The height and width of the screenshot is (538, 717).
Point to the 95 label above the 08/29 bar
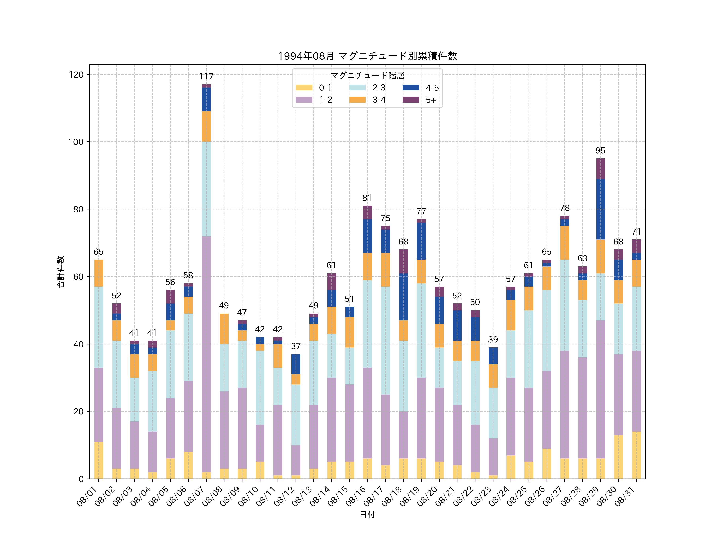pos(600,151)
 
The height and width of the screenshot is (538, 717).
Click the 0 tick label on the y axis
pos(81,479)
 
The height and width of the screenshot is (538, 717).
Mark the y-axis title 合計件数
pos(61,272)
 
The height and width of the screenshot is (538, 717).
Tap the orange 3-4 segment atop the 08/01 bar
pos(99,273)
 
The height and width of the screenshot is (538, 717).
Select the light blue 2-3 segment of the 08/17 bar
pos(385,341)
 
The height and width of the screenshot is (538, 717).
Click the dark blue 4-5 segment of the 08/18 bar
pos(403,297)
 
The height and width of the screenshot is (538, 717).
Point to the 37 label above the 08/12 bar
pos(296,346)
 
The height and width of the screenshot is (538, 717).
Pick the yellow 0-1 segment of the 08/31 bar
pos(636,455)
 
